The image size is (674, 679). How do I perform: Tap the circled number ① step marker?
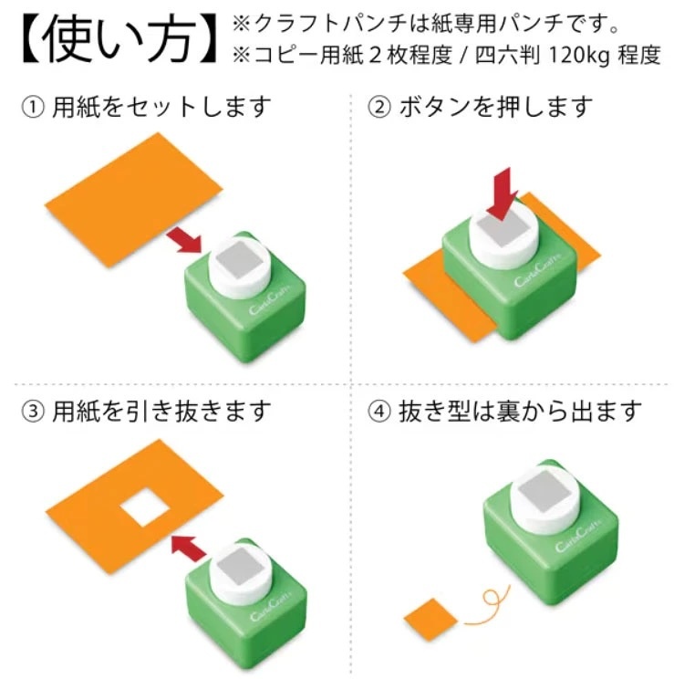(33, 108)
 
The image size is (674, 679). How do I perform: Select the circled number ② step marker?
(378, 108)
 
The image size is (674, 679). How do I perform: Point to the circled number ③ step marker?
(33, 412)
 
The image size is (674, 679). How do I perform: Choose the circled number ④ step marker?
(378, 412)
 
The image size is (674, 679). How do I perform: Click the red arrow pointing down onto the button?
(503, 195)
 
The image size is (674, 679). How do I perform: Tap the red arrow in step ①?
(185, 241)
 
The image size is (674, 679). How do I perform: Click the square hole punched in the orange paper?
(145, 507)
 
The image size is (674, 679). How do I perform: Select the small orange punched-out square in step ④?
(430, 620)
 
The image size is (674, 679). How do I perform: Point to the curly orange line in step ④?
(487, 606)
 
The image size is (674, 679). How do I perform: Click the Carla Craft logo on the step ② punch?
(538, 270)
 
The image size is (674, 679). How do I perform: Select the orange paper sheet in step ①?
(133, 200)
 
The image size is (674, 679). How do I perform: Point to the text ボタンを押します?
(495, 108)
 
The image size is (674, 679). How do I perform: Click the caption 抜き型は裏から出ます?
(520, 412)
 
